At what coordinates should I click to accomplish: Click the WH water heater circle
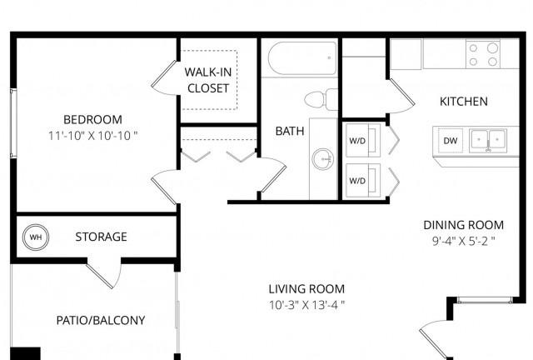[36, 237]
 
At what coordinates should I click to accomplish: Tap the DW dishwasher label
[451, 141]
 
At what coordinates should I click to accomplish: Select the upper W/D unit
[363, 140]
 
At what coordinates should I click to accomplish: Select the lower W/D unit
[363, 180]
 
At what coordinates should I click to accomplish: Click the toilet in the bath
[321, 99]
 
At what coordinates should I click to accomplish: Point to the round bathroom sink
[323, 159]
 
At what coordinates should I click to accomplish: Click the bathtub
[302, 58]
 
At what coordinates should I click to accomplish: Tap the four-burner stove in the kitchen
[483, 54]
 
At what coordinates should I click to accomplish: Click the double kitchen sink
[488, 140]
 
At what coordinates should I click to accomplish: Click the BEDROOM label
[92, 119]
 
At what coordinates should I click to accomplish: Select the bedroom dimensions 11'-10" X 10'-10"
[92, 136]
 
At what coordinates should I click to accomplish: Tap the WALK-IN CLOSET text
[208, 80]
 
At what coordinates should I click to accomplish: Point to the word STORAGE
[102, 237]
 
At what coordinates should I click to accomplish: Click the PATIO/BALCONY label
[101, 320]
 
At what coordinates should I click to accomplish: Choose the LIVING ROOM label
[306, 289]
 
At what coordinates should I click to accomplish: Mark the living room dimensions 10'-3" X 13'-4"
[306, 305]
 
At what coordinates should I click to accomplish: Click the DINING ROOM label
[464, 225]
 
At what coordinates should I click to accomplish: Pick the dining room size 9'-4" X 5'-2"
[464, 241]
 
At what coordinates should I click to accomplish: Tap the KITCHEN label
[464, 102]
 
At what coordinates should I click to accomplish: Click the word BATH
[290, 131]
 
